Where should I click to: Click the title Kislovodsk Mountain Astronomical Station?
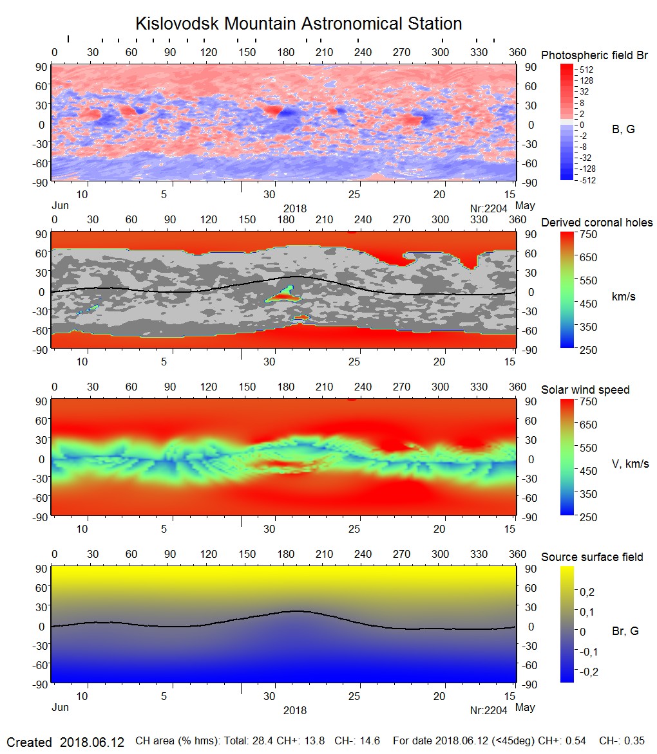click(x=298, y=24)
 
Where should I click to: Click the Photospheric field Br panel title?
click(x=595, y=55)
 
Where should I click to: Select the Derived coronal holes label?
click(x=596, y=223)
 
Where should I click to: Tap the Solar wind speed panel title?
click(x=585, y=390)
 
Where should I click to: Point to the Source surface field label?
click(x=592, y=556)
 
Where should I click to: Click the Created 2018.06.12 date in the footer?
click(x=65, y=742)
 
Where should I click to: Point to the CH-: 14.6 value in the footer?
click(x=361, y=741)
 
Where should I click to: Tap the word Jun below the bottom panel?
click(x=60, y=707)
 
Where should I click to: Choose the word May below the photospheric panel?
click(x=526, y=206)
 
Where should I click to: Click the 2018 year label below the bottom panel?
click(x=295, y=710)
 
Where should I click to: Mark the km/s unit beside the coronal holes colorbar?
click(x=624, y=297)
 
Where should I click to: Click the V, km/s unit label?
click(x=630, y=464)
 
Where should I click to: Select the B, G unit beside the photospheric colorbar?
click(x=623, y=129)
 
